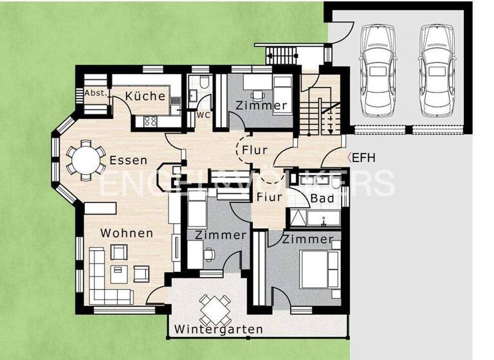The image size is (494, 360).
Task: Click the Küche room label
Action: tap(145, 96)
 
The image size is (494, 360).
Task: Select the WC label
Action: tap(203, 116)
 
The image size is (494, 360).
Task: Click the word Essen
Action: tap(128, 160)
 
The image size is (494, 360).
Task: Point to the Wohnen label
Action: tap(127, 233)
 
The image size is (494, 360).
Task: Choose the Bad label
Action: tap(322, 199)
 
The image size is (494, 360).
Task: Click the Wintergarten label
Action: tap(218, 330)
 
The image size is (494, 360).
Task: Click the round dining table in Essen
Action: tap(86, 159)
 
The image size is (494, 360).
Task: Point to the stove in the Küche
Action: tap(152, 120)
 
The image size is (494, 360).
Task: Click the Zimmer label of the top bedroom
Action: tap(261, 105)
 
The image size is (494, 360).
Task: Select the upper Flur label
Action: tap(255, 150)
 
